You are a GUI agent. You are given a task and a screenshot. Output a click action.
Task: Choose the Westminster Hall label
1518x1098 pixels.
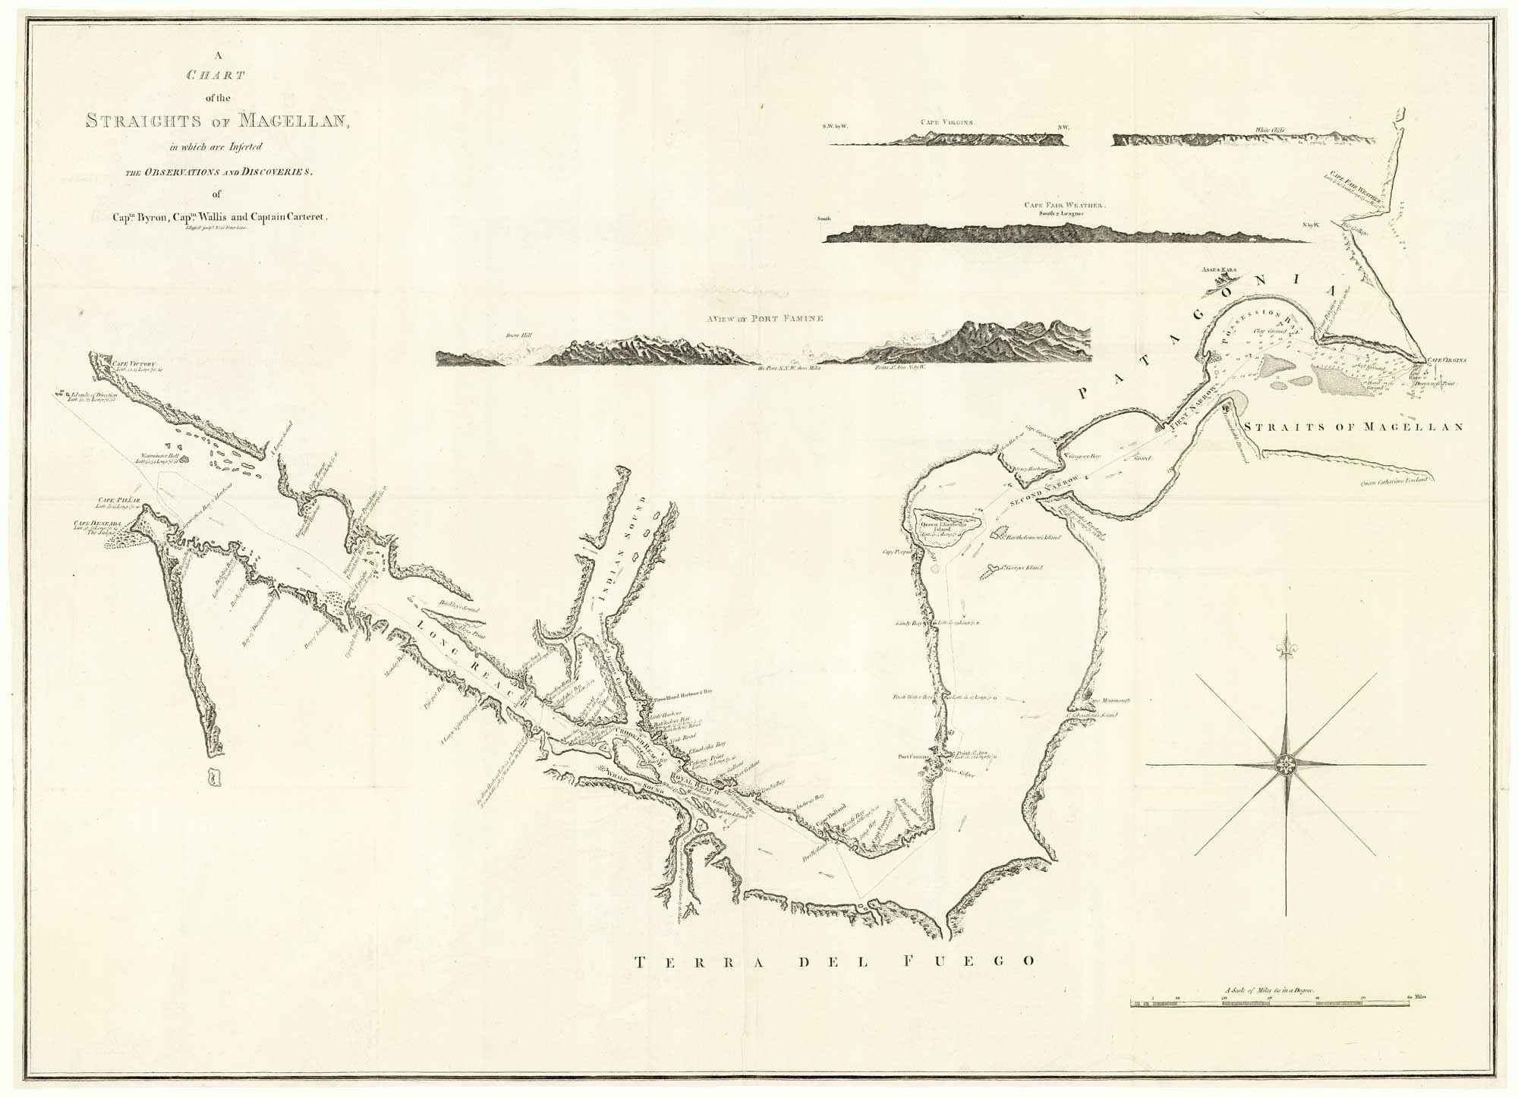pyautogui.click(x=154, y=458)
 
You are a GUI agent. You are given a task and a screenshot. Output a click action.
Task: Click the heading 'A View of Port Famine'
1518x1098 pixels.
pyautogui.click(x=764, y=319)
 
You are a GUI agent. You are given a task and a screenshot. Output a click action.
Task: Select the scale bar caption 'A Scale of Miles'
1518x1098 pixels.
pyautogui.click(x=1271, y=991)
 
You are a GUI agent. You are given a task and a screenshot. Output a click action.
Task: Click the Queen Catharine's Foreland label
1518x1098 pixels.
pyautogui.click(x=1395, y=480)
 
